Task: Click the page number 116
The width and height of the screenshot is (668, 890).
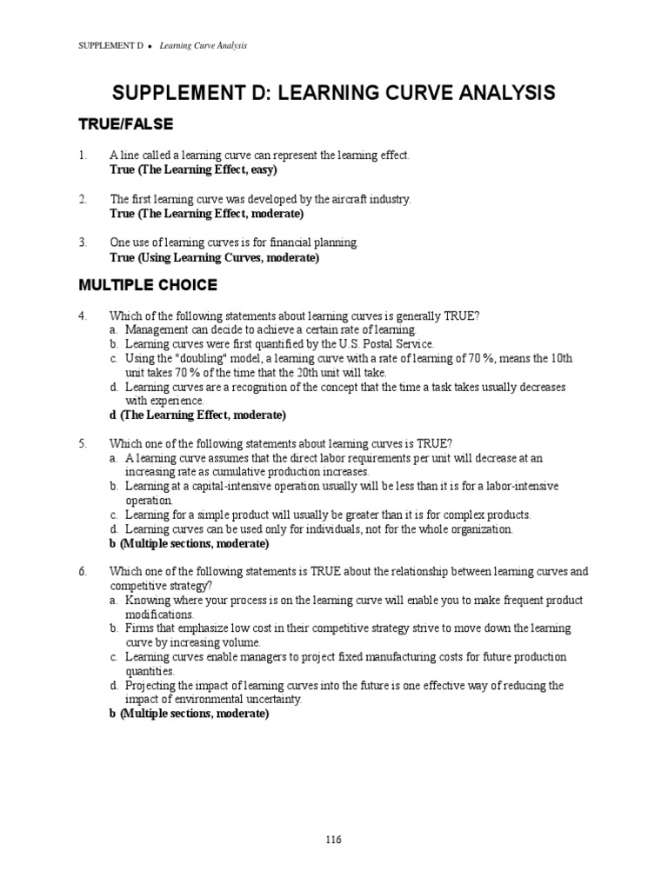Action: [334, 839]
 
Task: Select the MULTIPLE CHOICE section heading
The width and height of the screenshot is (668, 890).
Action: [148, 284]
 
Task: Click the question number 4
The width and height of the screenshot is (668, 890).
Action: [83, 315]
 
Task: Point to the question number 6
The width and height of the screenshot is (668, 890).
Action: [83, 571]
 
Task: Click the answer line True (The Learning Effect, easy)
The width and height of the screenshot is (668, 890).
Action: [193, 169]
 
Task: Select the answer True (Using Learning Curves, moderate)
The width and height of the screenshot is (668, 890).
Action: [215, 258]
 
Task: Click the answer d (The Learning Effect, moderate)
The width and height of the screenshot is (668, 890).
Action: [197, 415]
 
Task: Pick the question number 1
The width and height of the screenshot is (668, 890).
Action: [83, 155]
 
